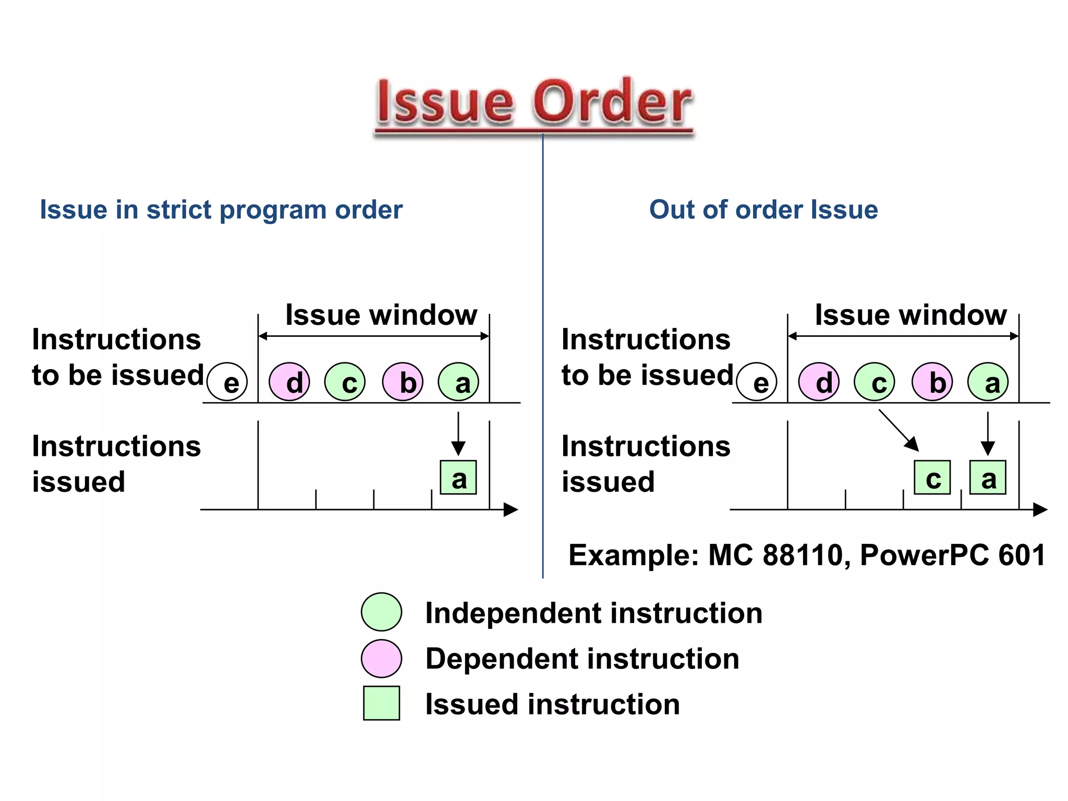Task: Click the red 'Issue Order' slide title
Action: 534,102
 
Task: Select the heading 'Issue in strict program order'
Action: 221,210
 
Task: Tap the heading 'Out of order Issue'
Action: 763,210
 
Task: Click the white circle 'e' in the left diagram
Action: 227,382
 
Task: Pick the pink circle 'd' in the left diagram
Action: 289,382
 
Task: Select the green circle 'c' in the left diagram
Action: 345,382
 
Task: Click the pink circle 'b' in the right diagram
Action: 932,382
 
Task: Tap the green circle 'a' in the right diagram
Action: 988,382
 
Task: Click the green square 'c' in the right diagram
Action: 932,477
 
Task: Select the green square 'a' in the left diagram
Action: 458,477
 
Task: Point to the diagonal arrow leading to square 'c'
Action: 899,430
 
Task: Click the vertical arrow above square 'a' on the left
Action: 458,433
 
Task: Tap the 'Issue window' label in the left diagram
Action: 381,315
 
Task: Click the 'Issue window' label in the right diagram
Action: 911,315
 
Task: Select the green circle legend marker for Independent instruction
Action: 382,612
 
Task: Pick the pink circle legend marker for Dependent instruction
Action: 382,658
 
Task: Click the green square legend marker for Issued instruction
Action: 382,703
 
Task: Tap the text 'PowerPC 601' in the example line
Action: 952,555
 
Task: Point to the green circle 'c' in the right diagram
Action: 875,382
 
